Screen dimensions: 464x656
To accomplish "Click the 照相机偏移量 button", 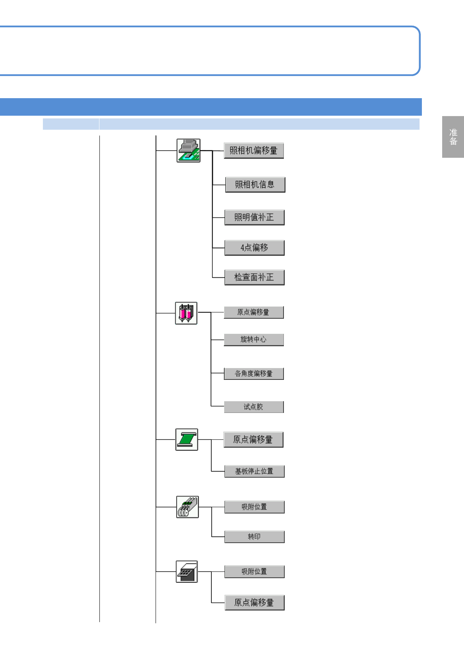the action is [253, 151].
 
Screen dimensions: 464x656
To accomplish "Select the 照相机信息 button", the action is [255, 185].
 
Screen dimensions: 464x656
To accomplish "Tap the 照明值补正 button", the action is [254, 217].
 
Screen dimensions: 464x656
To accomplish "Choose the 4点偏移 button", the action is [254, 248].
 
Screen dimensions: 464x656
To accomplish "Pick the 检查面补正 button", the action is [254, 277].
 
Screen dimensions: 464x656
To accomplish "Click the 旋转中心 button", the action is [253, 340].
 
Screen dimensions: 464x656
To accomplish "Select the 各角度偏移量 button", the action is [253, 374].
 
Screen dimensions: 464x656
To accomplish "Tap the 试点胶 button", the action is [253, 407].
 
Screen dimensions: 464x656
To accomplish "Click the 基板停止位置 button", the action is [254, 471].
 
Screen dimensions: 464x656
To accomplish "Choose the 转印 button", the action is [254, 537].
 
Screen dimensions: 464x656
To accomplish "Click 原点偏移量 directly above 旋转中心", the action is [253, 312].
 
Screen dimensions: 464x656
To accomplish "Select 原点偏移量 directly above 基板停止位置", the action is [253, 440].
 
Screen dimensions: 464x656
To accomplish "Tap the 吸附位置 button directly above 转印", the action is [254, 507].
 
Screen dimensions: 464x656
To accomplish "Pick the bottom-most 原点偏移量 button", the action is [254, 603].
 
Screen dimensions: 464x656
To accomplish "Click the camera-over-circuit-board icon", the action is [188, 150].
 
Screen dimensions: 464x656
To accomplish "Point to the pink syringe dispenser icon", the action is [186, 313].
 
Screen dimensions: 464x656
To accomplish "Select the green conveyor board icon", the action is [186, 439].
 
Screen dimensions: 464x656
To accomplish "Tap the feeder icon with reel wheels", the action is [187, 507].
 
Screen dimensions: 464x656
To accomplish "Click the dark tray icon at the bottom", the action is [186, 571].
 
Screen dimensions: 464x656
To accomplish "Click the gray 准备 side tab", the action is [453, 137].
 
